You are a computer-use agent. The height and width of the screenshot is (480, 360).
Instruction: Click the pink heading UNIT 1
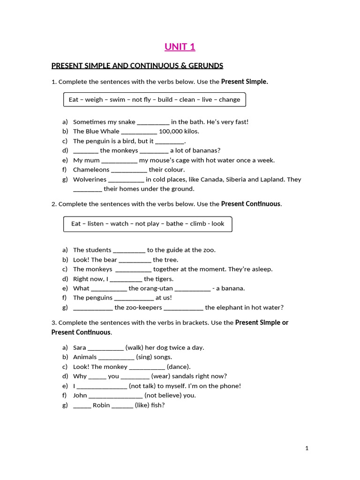(x=180, y=46)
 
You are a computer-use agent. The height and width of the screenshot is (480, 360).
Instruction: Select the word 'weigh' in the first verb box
(x=93, y=99)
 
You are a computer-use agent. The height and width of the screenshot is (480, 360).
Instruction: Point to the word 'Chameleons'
(x=91, y=170)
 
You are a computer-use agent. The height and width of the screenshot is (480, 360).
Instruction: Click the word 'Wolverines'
(x=90, y=179)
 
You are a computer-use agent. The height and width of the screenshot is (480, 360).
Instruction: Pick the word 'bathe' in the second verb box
(x=174, y=224)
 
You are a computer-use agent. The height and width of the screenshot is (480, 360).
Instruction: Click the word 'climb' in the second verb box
(x=198, y=224)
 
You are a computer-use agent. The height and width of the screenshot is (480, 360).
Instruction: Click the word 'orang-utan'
(x=157, y=288)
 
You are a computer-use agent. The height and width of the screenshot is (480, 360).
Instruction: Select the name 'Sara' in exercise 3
(x=80, y=347)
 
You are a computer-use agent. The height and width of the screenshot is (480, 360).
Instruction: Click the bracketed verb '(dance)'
(x=179, y=367)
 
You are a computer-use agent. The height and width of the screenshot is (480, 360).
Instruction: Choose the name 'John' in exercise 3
(x=80, y=395)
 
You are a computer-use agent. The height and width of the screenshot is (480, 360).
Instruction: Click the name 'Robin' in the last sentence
(x=101, y=405)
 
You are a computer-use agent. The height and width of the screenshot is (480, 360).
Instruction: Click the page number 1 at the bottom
(x=307, y=448)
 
